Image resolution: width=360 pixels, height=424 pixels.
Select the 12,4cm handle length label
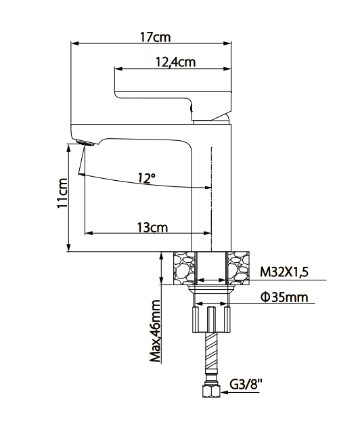click(x=175, y=62)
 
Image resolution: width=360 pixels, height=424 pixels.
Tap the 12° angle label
click(x=145, y=178)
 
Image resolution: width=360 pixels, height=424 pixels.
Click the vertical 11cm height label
click(x=62, y=194)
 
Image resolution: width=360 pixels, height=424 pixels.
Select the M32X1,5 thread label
click(x=284, y=272)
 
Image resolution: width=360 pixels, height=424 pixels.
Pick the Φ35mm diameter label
click(x=284, y=297)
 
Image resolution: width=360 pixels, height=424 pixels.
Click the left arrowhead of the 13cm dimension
click(x=87, y=234)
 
